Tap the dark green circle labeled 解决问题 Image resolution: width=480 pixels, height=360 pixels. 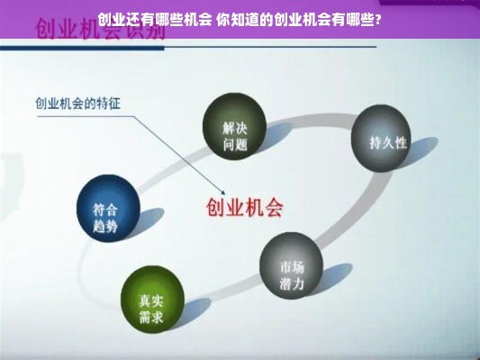[x=234, y=128]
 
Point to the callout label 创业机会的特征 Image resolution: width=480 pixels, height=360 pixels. [x=77, y=103]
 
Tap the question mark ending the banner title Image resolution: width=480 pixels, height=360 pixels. [x=377, y=18]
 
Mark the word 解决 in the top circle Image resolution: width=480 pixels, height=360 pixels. [x=234, y=121]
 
